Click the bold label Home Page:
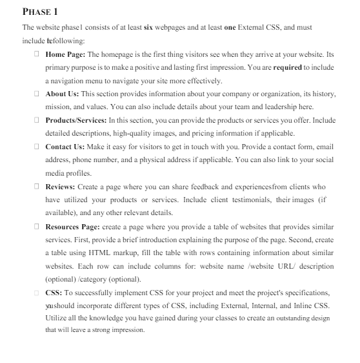pyautogui.click(x=65, y=54)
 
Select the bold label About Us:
pyautogui.click(x=63, y=94)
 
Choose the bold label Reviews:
pyautogui.click(x=60, y=187)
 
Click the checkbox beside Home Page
pyautogui.click(x=37, y=54)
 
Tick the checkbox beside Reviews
pyautogui.click(x=37, y=187)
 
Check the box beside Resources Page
pyautogui.click(x=37, y=227)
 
